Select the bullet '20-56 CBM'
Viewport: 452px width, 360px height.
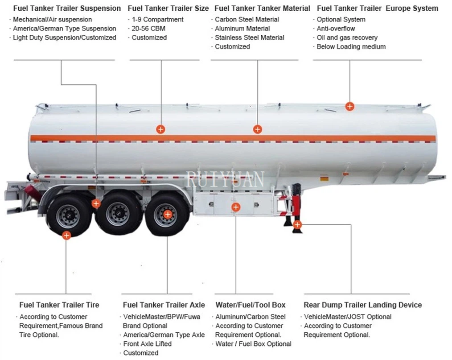[x=148, y=29]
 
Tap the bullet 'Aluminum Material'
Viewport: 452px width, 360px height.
[x=242, y=29]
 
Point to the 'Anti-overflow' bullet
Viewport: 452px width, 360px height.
[x=336, y=29]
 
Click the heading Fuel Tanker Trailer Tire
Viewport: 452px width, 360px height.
[x=59, y=305]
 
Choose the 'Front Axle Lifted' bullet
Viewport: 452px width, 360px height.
[x=147, y=344]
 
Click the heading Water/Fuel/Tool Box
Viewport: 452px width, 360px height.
[x=251, y=305]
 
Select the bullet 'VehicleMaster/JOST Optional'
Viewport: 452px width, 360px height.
[x=348, y=317]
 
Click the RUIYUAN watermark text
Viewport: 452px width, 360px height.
[x=226, y=179]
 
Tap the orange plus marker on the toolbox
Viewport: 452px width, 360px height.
[x=236, y=207]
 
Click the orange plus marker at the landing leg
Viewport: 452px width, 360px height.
[x=297, y=224]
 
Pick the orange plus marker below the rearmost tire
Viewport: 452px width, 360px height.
[x=66, y=235]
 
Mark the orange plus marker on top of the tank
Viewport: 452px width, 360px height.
[x=350, y=106]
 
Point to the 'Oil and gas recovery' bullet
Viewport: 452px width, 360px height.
[x=347, y=37]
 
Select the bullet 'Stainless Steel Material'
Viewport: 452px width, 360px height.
[x=249, y=37]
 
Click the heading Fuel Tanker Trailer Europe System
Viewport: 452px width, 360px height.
[x=378, y=8]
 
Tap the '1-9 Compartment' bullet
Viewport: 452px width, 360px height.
[x=157, y=20]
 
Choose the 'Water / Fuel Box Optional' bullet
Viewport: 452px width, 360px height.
[x=253, y=344]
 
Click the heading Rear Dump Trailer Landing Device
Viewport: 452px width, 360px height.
[x=363, y=305]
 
